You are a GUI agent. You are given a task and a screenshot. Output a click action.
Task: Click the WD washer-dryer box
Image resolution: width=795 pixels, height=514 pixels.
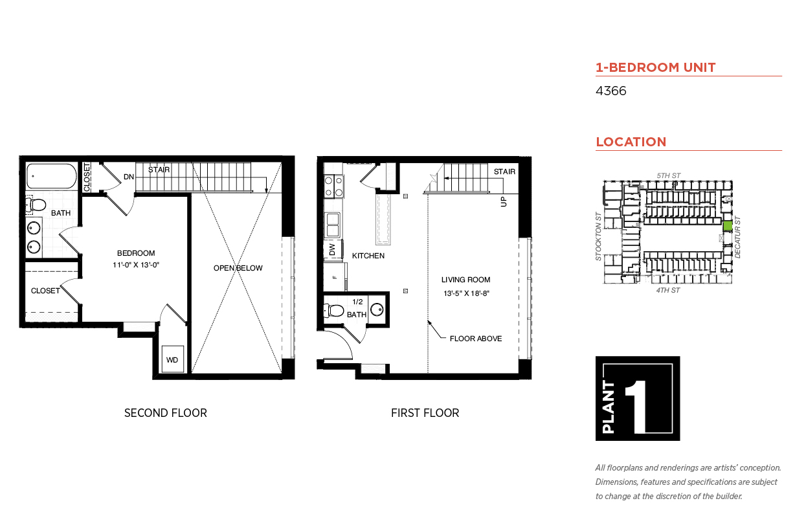(x=173, y=359)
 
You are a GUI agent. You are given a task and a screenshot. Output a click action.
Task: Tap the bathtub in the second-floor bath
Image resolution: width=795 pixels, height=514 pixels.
(x=52, y=176)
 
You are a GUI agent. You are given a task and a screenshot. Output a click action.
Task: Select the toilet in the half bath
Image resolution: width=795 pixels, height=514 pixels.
(x=333, y=311)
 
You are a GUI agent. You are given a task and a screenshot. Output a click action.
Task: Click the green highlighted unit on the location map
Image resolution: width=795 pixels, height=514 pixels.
(x=728, y=226)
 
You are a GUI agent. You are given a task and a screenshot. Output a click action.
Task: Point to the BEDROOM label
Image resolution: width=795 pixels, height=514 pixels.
(x=136, y=253)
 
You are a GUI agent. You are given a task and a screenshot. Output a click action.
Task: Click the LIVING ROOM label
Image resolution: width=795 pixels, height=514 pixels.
(x=465, y=280)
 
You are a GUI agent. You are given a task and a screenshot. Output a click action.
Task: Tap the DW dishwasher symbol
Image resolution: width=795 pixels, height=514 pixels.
(x=333, y=249)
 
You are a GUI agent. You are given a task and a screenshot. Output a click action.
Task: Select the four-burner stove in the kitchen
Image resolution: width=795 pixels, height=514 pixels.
(x=333, y=186)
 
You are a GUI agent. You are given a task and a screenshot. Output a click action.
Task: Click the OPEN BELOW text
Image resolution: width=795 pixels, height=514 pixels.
(x=238, y=268)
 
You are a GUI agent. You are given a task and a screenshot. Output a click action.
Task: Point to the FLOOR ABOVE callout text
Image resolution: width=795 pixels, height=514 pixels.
(x=476, y=339)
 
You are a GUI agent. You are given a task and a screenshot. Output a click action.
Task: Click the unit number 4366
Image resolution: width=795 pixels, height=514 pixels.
(x=610, y=91)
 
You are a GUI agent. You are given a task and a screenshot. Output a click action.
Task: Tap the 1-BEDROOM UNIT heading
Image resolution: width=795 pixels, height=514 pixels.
(x=656, y=67)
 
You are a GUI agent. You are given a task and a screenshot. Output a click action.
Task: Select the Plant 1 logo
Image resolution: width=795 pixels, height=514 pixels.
(x=638, y=398)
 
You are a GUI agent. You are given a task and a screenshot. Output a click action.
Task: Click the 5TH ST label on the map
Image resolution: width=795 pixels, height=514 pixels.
(x=669, y=175)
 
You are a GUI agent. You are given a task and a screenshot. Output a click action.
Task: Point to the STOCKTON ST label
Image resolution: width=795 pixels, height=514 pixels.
(x=599, y=236)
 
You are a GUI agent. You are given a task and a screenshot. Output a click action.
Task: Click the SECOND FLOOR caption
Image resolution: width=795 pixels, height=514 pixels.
(x=165, y=413)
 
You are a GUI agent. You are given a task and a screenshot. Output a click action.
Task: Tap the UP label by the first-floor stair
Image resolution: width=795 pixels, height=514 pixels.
(x=504, y=201)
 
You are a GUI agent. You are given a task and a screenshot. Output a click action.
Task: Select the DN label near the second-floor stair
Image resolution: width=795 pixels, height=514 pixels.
(x=129, y=177)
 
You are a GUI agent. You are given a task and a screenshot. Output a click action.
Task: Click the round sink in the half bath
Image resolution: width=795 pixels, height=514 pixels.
(x=377, y=310)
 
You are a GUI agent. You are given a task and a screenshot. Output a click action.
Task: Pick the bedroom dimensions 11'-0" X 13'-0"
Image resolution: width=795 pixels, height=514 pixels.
(x=136, y=265)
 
